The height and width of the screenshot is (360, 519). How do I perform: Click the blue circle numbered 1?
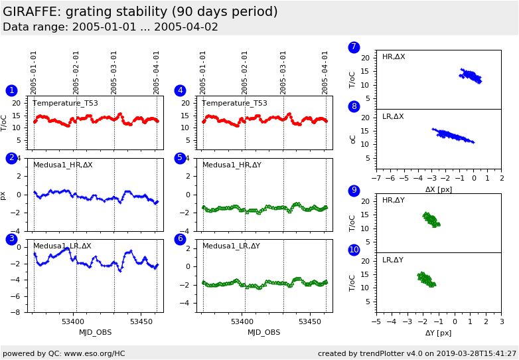11,90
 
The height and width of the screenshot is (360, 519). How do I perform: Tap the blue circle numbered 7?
354,47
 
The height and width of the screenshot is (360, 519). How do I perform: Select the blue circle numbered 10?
354,250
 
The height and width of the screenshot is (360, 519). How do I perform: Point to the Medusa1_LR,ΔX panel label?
63,246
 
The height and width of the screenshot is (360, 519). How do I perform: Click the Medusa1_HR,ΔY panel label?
232,165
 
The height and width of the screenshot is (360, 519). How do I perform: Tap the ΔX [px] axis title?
439,189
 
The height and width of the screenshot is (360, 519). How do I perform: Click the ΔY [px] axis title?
438,333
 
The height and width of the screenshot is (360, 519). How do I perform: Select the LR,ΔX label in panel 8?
393,117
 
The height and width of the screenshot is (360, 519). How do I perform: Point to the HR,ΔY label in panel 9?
393,201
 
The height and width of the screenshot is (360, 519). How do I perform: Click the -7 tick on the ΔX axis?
376,179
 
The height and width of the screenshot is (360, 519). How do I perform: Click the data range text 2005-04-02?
187,27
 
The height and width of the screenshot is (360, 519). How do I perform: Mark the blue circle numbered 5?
180,158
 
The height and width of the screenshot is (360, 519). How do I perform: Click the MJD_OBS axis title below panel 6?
263,332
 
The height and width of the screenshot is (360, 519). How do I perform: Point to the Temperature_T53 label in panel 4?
234,103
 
